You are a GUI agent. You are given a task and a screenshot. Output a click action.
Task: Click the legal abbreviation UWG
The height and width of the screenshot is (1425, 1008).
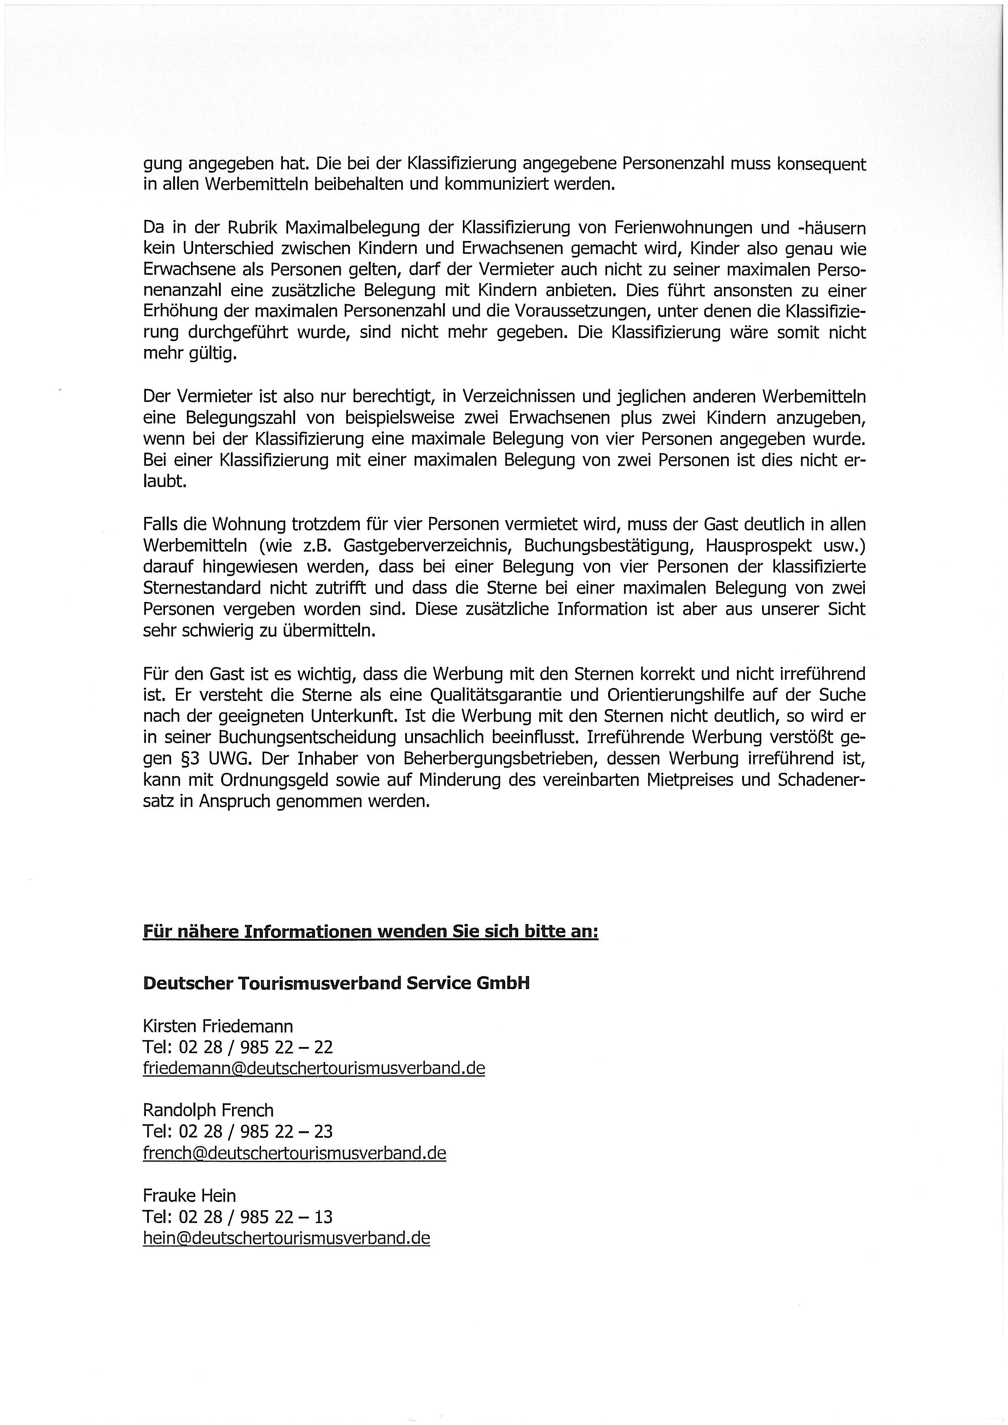(x=224, y=759)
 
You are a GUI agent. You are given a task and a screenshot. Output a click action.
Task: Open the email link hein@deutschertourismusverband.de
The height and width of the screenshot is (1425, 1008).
(x=286, y=1238)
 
